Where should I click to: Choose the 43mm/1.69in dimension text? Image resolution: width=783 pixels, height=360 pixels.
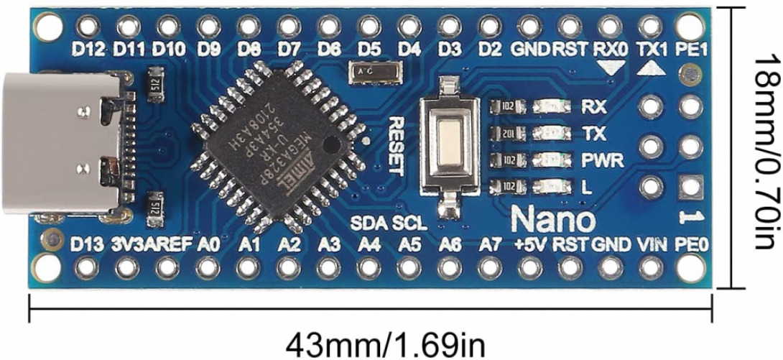coord(390,343)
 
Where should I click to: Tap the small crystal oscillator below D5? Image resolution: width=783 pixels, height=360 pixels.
coord(367,72)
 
